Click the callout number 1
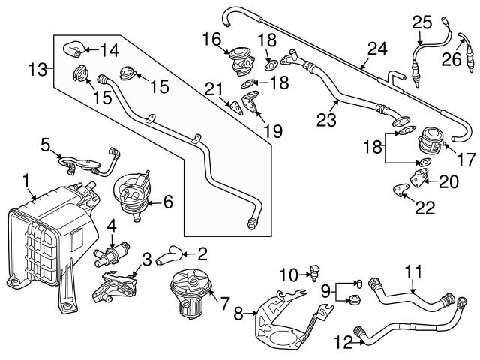pyautogui.click(x=27, y=180)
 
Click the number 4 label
pyautogui.click(x=110, y=225)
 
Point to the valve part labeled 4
pyautogui.click(x=110, y=254)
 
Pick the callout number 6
pyautogui.click(x=167, y=201)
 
